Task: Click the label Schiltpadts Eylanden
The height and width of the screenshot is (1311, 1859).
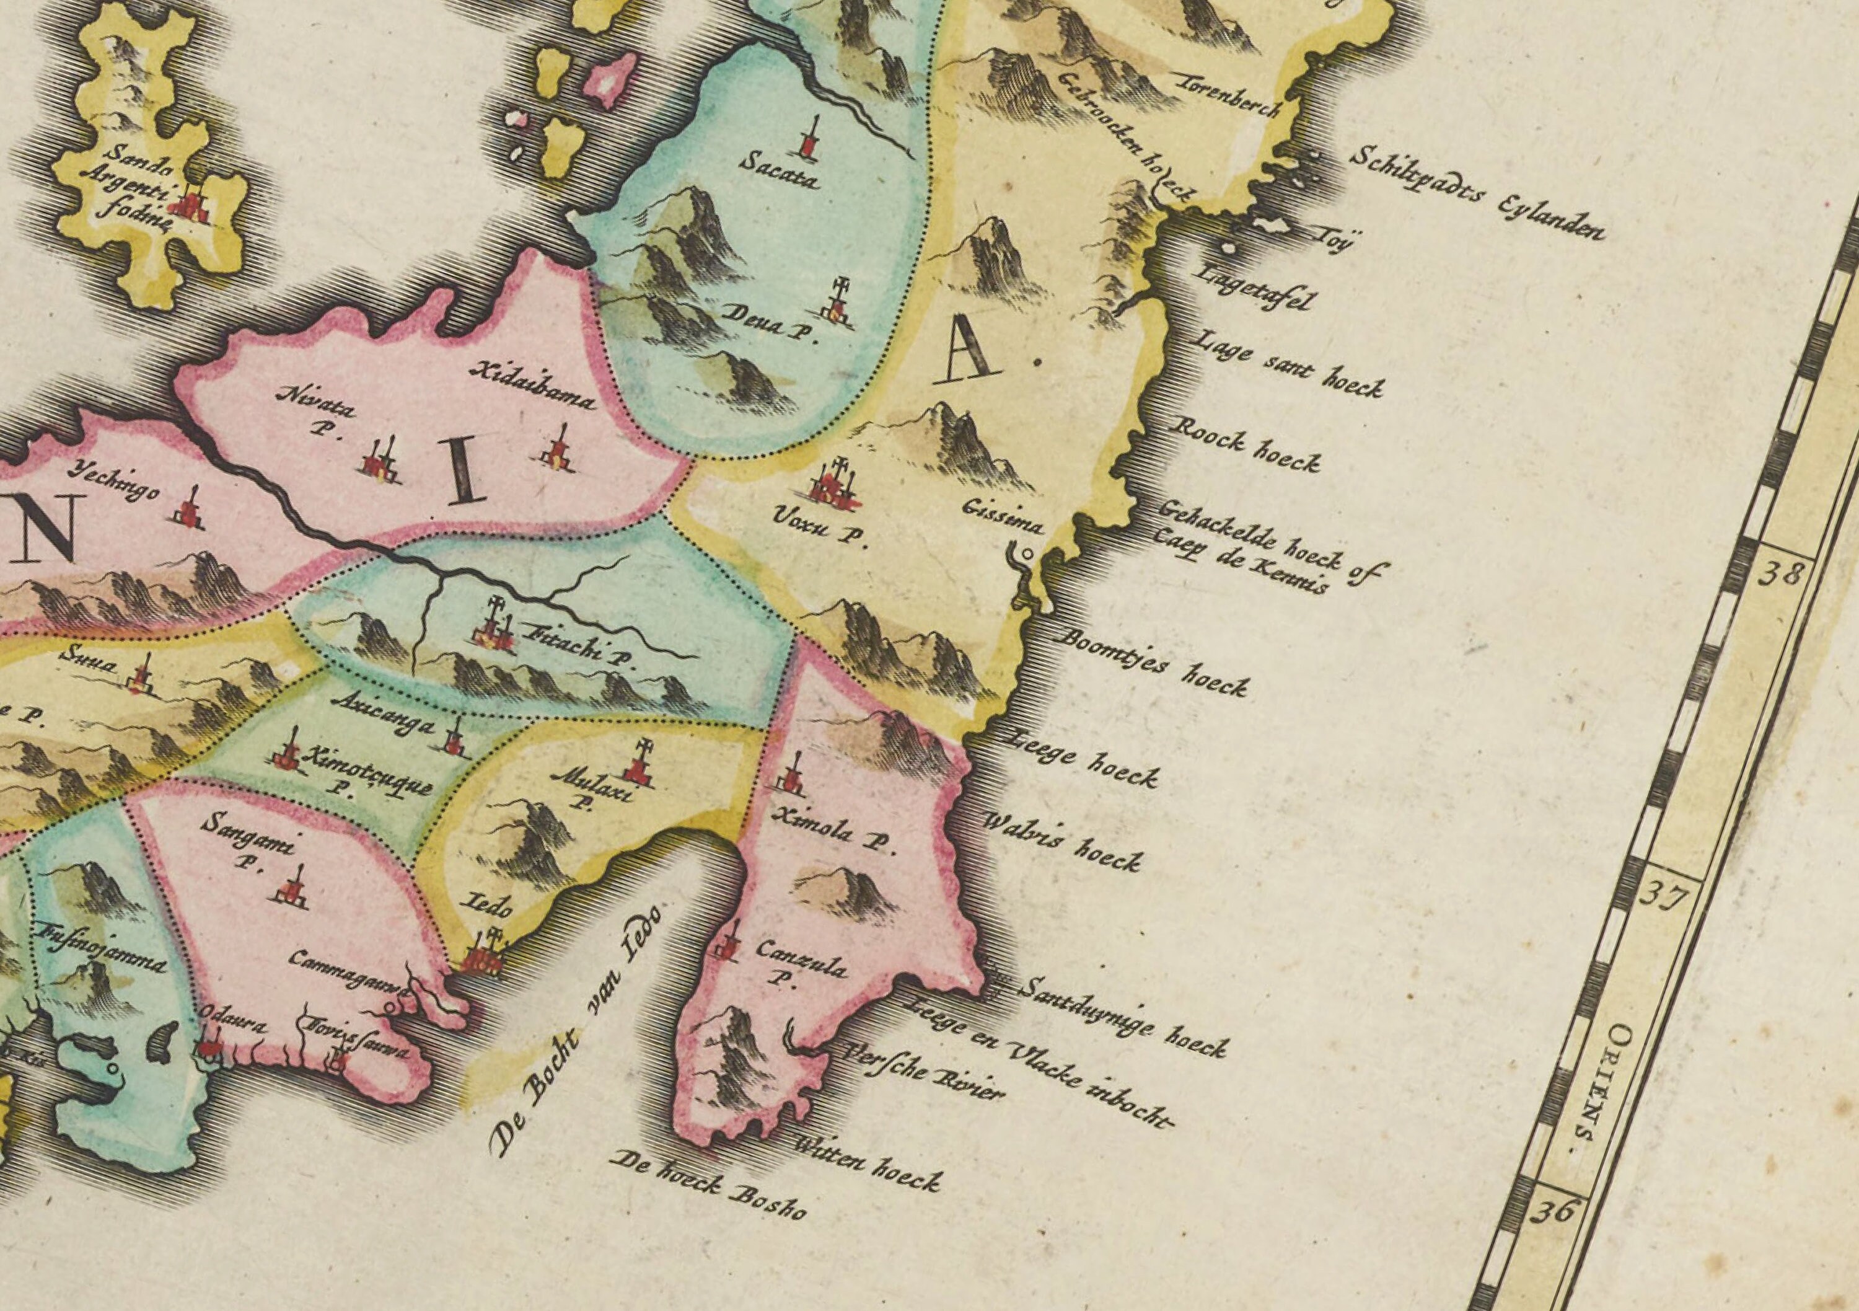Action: (1475, 193)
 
